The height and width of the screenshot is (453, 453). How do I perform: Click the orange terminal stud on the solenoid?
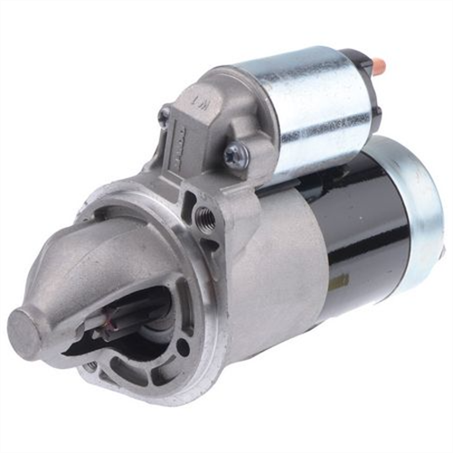(378, 66)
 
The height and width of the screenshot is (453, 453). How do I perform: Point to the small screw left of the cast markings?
(164, 115)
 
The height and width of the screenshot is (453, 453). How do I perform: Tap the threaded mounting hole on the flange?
(204, 217)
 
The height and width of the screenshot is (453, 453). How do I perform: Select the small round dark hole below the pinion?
(91, 365)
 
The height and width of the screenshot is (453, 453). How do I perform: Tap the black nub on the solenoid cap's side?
(374, 113)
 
